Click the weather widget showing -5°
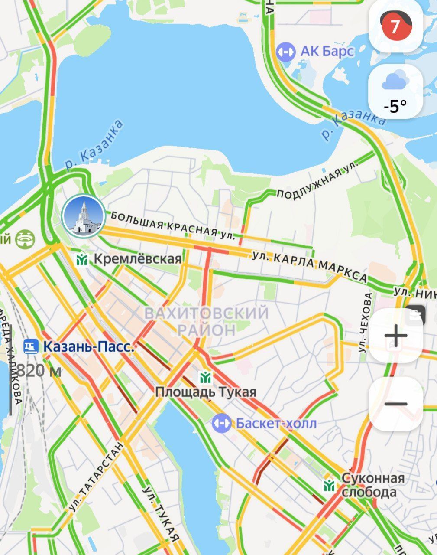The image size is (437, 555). [x=395, y=91]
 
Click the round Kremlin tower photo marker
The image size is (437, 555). [x=83, y=215]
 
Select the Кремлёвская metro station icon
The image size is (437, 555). [x=82, y=259]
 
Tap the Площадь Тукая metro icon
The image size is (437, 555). [x=205, y=377]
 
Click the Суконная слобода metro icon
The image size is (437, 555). [x=329, y=485]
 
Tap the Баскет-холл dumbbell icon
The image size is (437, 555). [x=221, y=423]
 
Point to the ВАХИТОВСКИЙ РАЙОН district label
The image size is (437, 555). [x=207, y=321]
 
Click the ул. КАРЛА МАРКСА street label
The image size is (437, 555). [x=310, y=266]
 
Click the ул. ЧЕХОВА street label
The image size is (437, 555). [x=368, y=322]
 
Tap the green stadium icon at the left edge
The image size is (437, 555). [x=25, y=239]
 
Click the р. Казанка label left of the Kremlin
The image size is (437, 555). [x=94, y=145]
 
